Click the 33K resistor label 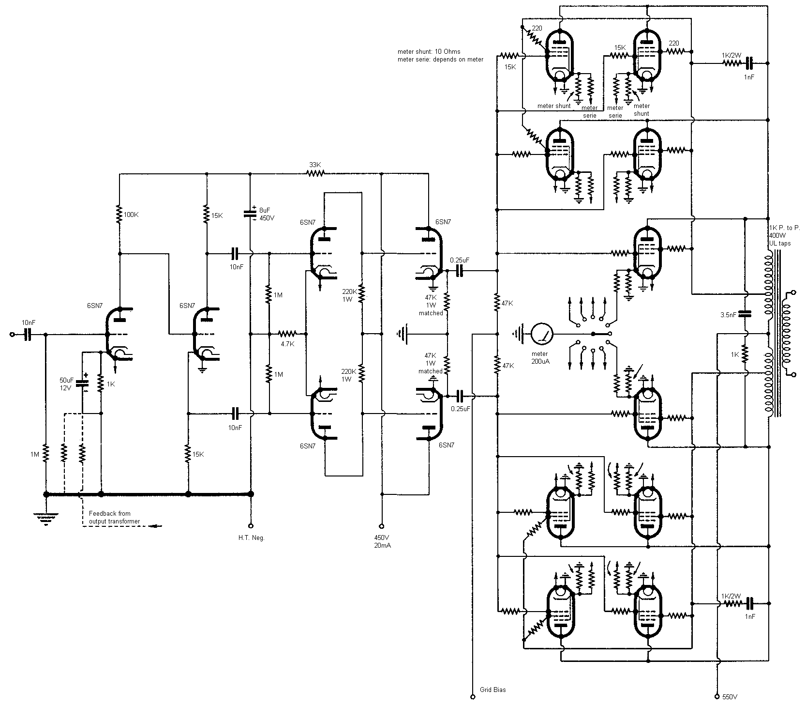tap(314, 165)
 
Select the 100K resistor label tap(131, 215)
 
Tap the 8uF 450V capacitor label tap(266, 214)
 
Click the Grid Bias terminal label tap(493, 690)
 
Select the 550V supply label tap(730, 697)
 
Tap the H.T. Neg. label tap(251, 538)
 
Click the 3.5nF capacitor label tap(728, 315)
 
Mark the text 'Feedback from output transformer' tap(114, 517)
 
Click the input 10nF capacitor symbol tap(28, 334)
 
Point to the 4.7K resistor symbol tap(287, 334)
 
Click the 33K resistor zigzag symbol tap(314, 174)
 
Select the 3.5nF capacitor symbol tap(745, 314)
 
